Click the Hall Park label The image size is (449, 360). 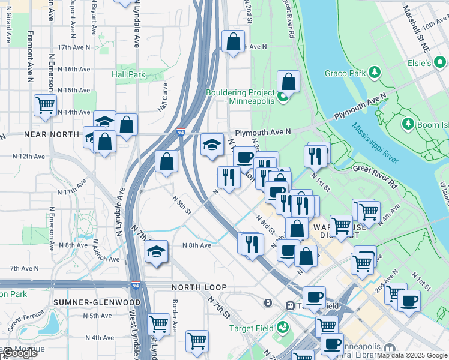click(x=128, y=74)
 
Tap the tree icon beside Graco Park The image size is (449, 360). click(x=375, y=73)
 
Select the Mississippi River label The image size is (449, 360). click(x=375, y=143)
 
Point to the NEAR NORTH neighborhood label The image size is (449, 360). click(x=48, y=135)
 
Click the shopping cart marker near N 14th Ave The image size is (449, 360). click(x=45, y=106)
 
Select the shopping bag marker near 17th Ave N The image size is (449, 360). click(x=234, y=42)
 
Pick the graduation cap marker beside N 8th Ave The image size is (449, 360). click(x=156, y=251)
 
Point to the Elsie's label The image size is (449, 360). click(x=420, y=63)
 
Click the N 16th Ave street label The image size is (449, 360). click(x=69, y=69)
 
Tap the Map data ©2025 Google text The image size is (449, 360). click(x=412, y=355)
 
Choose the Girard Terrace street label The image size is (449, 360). click(x=23, y=316)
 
